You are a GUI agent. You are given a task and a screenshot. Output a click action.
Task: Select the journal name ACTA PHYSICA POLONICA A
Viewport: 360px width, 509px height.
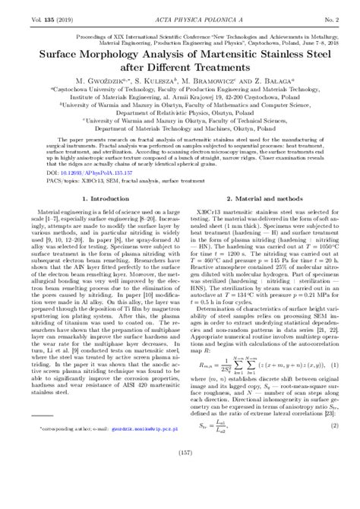[179, 11]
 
